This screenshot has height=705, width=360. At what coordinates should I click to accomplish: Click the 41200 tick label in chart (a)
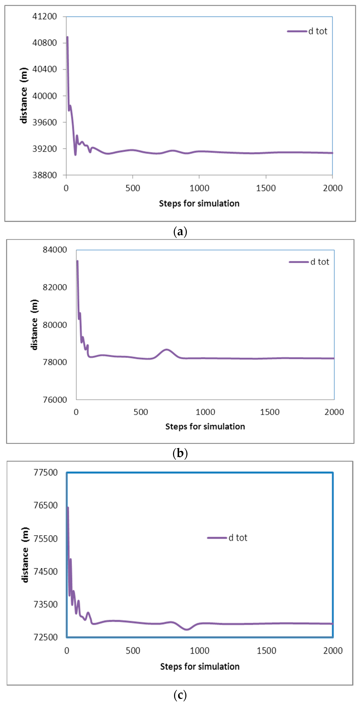[45, 16]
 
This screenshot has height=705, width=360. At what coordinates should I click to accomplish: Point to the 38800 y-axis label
[45, 175]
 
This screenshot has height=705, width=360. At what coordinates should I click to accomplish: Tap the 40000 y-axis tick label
[45, 96]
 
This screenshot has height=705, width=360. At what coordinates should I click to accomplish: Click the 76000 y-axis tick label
[55, 400]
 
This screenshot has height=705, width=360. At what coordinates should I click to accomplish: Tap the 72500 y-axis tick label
[46, 637]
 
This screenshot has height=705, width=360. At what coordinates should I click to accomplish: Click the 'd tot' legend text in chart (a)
[318, 31]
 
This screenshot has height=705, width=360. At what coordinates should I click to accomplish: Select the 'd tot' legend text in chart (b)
[319, 262]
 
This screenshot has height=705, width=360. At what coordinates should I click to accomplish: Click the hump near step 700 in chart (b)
[166, 350]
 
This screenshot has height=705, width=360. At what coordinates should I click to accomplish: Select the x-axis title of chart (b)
[205, 426]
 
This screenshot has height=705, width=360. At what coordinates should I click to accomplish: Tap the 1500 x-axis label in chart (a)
[266, 188]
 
